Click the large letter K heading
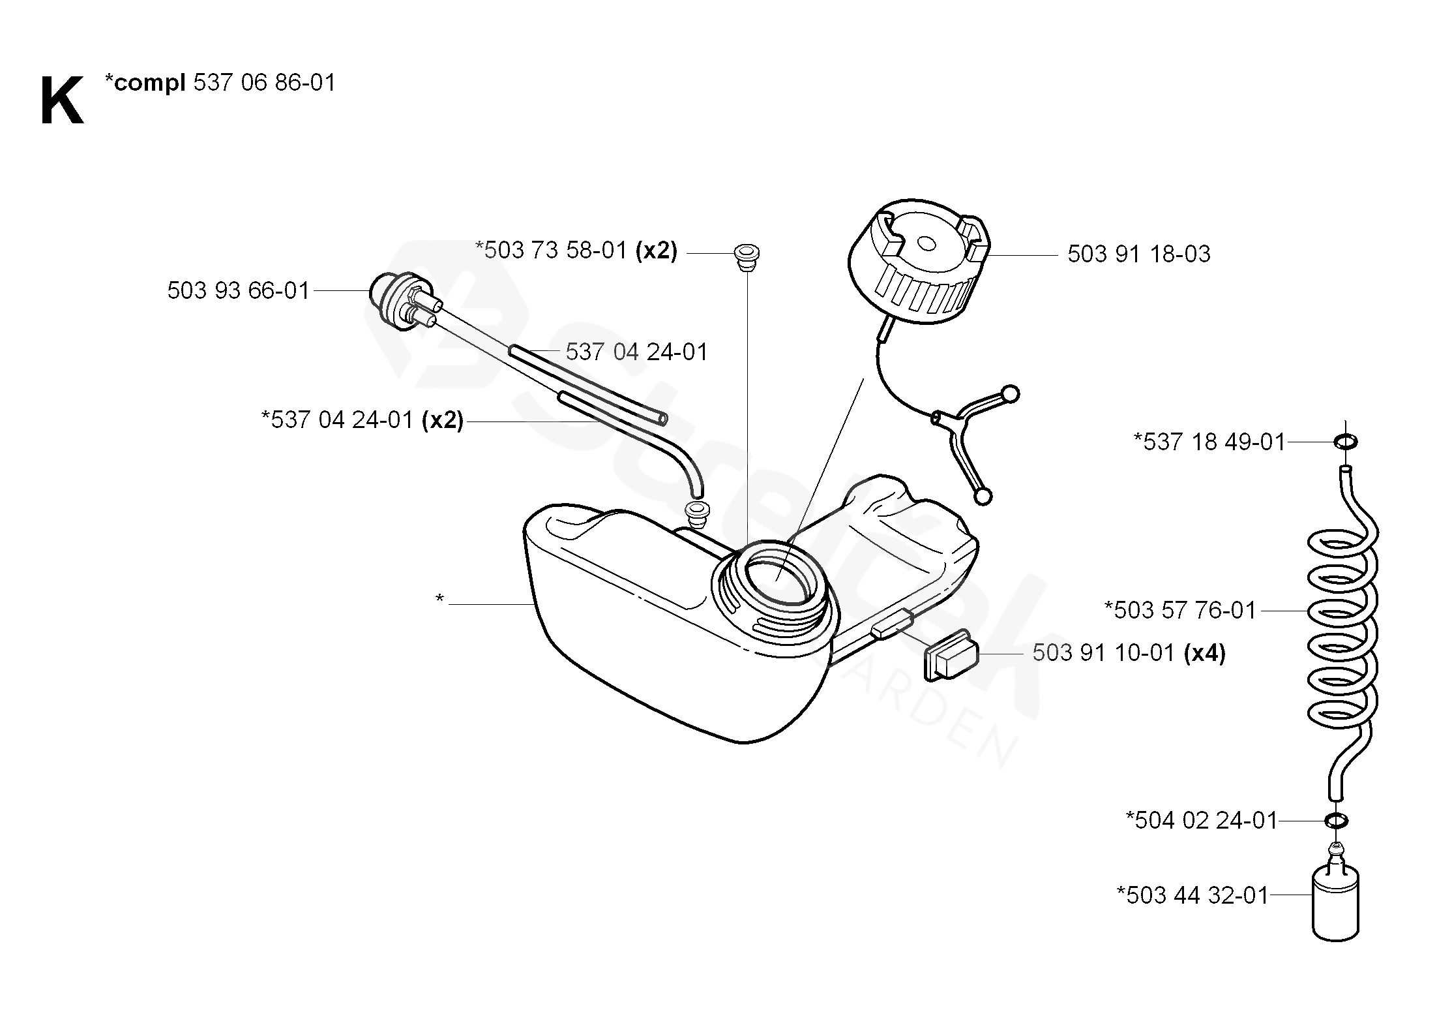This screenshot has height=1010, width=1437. point(62,101)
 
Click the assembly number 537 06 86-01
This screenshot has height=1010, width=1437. point(264,83)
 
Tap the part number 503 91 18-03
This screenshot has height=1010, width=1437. point(1138,254)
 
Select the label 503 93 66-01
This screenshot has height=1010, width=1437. point(238,291)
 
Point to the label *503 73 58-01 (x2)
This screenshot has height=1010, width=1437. point(576,251)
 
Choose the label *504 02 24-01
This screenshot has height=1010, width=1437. point(1202,820)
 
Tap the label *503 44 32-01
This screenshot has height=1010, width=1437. point(1193,895)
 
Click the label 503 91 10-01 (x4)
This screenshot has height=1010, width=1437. point(1129,653)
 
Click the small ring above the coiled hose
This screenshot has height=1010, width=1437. point(1346,442)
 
